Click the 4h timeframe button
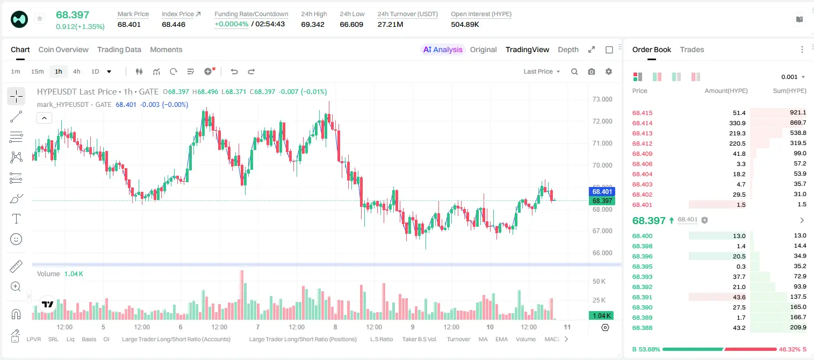(76, 71)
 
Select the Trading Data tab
(119, 49)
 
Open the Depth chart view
(568, 49)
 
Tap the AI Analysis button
(443, 49)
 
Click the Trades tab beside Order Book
(692, 49)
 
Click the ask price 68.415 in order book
(642, 113)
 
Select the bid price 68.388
(642, 328)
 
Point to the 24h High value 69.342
(313, 24)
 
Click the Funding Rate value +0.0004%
(232, 24)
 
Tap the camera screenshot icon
(592, 71)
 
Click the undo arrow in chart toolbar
(234, 71)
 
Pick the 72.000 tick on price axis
(602, 121)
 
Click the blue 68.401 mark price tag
(602, 191)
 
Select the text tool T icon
(16, 219)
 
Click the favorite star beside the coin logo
(40, 18)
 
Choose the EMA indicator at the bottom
(501, 339)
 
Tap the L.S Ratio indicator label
(381, 339)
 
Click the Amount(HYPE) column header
(726, 91)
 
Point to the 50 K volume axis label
(599, 281)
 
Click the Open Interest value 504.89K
(465, 24)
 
